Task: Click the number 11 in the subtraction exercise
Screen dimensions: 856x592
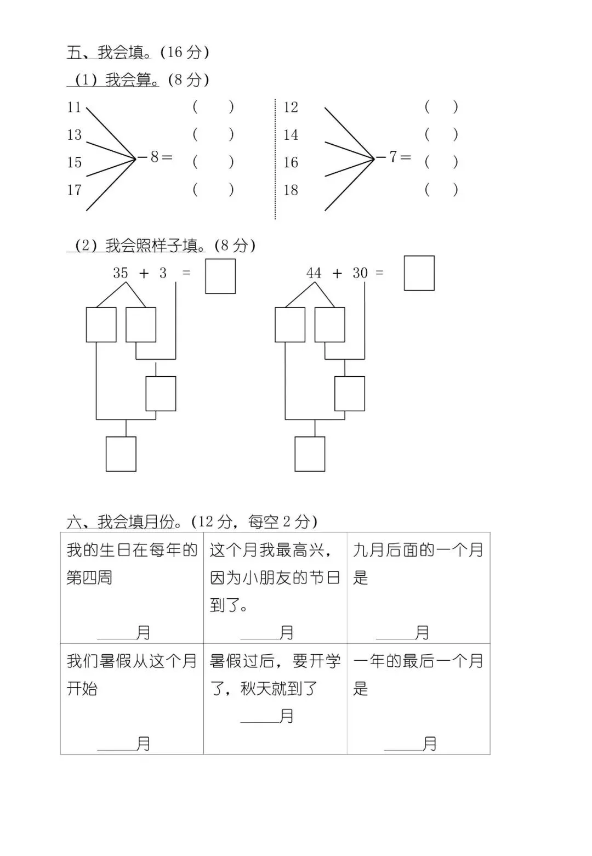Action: tap(74, 107)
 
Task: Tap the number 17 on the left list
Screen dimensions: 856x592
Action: tap(74, 190)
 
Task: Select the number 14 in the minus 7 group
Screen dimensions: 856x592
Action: tap(291, 134)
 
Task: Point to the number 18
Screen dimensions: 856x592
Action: tap(291, 190)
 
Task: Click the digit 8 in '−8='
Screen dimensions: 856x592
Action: tap(155, 157)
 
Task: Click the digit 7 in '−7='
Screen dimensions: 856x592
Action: tap(392, 157)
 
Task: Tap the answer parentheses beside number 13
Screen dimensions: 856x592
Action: tap(213, 134)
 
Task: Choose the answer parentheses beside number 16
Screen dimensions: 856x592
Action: tap(441, 162)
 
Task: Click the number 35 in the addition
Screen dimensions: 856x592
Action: tap(121, 273)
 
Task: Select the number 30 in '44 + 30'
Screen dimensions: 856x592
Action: tap(360, 273)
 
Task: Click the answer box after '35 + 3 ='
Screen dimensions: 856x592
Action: tap(220, 276)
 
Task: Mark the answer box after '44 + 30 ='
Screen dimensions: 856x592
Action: tap(419, 273)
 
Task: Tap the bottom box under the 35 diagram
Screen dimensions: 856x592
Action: tap(121, 453)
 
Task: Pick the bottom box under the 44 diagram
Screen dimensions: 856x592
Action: tap(310, 453)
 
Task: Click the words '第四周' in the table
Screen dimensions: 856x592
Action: tap(89, 577)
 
